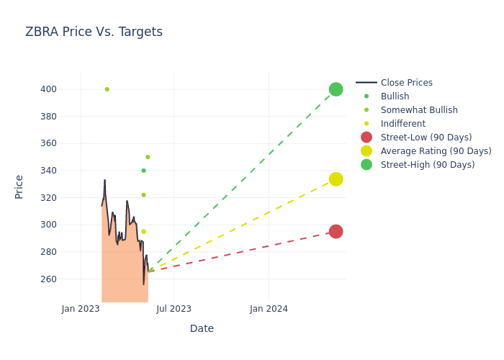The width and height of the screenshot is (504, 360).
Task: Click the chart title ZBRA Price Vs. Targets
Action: (94, 32)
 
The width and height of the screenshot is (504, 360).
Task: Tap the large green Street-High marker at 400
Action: (336, 89)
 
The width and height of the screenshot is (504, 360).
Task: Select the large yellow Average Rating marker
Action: (336, 179)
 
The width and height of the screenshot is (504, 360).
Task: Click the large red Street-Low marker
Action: (336, 231)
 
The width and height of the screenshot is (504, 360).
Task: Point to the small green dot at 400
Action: (107, 89)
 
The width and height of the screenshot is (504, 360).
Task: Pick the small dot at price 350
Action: (148, 157)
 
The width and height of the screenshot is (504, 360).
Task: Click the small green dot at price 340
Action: (143, 171)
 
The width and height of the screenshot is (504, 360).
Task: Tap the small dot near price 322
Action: (143, 195)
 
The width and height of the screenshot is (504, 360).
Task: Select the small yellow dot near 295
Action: (143, 232)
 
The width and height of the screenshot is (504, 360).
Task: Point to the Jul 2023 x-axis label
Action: (174, 309)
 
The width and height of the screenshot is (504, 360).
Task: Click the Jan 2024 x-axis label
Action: (269, 309)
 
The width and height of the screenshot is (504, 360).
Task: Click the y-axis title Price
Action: (19, 186)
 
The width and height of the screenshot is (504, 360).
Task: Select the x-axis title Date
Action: (202, 329)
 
